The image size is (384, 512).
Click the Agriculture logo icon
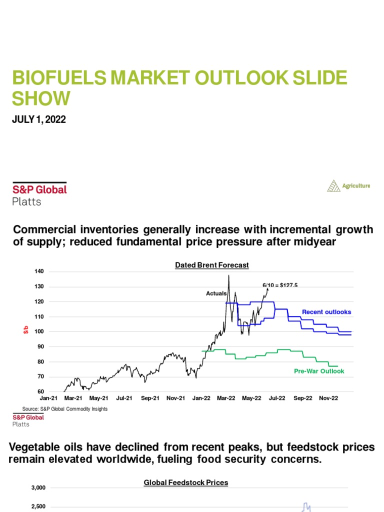click(x=333, y=186)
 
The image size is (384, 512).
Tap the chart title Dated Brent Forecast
click(x=211, y=265)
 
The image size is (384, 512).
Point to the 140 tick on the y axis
click(x=39, y=271)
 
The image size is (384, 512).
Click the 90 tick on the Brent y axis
click(x=40, y=346)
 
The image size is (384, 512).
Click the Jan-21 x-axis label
click(x=48, y=398)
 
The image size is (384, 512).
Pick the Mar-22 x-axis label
click(x=226, y=398)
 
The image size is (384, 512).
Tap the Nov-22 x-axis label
click(x=328, y=398)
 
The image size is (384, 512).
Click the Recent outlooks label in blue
click(x=326, y=312)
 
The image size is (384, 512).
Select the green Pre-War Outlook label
click(x=319, y=371)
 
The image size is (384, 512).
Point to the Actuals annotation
click(x=216, y=293)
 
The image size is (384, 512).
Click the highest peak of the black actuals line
click(x=229, y=275)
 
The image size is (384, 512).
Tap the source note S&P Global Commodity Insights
click(x=65, y=408)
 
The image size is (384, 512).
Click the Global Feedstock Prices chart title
click(x=185, y=482)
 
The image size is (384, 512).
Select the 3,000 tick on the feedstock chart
click(x=37, y=487)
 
